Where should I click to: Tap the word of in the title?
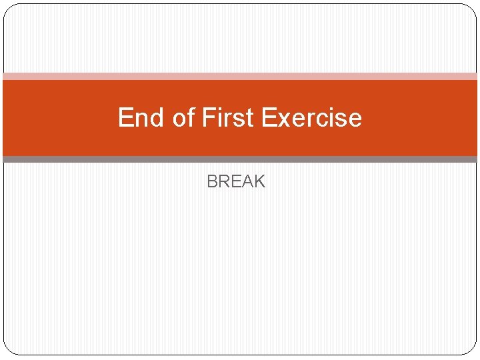click(183, 118)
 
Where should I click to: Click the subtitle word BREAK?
click(236, 181)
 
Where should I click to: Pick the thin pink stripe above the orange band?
click(240, 77)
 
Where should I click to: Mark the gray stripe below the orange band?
click(240, 159)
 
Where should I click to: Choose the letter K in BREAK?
click(259, 181)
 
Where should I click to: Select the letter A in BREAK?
click(247, 181)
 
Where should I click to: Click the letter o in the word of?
click(178, 119)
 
